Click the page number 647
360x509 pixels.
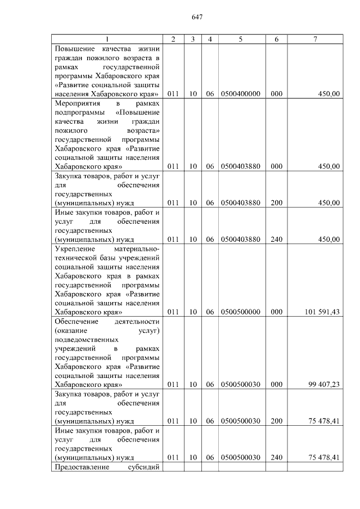click(x=197, y=17)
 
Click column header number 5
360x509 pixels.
click(x=240, y=39)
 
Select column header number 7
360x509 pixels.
click(x=315, y=39)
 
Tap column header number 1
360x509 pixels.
click(x=107, y=39)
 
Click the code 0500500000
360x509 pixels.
click(x=241, y=312)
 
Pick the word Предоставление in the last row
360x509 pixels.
click(x=80, y=467)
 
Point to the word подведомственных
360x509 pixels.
click(x=87, y=340)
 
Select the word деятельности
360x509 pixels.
click(x=138, y=321)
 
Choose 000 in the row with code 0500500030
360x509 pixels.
click(x=276, y=385)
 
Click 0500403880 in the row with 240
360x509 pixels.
click(x=241, y=239)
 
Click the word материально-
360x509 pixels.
click(x=137, y=249)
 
